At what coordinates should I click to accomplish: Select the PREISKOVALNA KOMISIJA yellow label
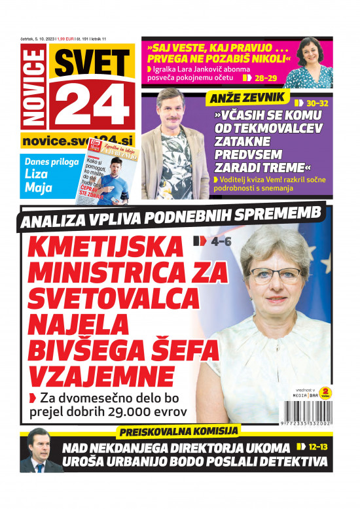(x=179, y=430)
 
